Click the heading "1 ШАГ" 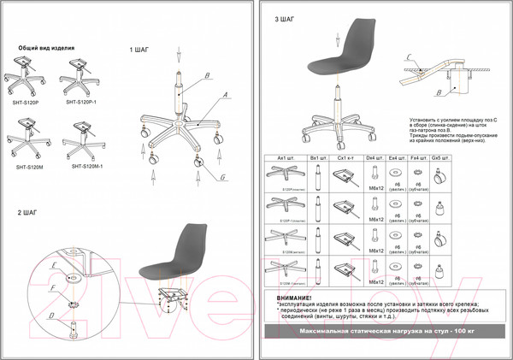tap(139, 50)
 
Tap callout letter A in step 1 tap(226, 95)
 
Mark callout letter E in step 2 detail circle tap(52, 266)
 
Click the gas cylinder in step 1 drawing tap(180, 95)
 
